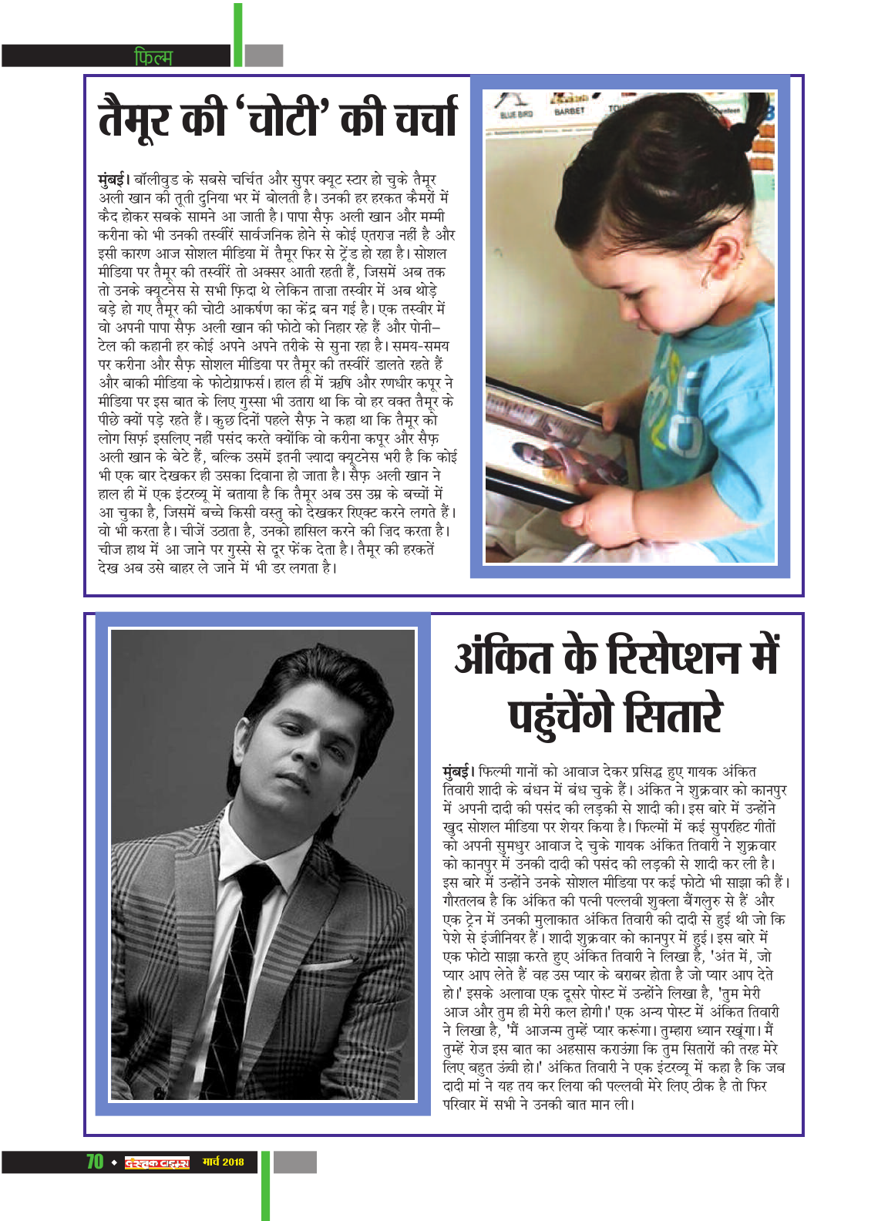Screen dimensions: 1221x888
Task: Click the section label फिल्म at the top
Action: (153, 56)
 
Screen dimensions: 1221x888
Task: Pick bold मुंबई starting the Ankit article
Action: (458, 772)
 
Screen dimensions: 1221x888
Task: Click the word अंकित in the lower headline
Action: (503, 657)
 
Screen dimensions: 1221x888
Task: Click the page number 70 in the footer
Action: (95, 1162)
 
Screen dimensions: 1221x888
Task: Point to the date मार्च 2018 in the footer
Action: (223, 1162)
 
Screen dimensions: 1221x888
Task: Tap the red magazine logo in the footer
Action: (156, 1162)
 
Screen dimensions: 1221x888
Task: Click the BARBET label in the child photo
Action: (570, 111)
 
